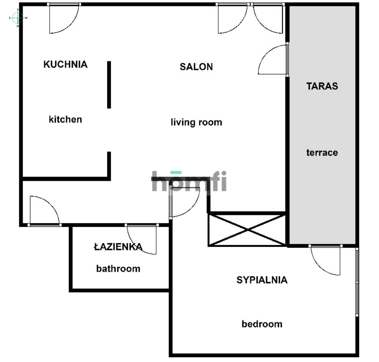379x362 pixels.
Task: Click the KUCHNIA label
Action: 66,64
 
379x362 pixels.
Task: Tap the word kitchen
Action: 65,119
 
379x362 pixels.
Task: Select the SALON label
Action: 196,67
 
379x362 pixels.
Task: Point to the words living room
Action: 196,122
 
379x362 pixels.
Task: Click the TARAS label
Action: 322,86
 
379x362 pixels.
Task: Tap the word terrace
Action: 322,153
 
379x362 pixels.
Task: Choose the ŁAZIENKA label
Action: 118,247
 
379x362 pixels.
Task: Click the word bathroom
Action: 118,269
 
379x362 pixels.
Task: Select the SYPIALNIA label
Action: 262,280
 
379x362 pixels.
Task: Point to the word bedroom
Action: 262,324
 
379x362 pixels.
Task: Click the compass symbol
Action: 17,17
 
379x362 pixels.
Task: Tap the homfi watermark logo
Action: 189,181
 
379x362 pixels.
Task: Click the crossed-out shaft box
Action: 247,229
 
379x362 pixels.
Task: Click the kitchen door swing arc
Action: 64,19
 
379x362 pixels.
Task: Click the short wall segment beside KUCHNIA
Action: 109,85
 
